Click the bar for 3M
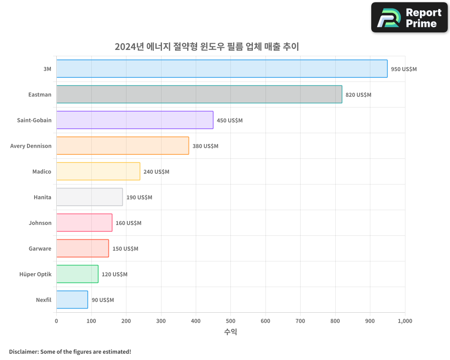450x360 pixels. tap(222, 69)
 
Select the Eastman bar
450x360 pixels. tap(199, 94)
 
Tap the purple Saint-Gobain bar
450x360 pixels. tap(135, 120)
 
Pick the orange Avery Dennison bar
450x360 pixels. tap(122, 146)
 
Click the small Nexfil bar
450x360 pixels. tap(72, 300)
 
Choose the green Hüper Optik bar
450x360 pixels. tap(77, 274)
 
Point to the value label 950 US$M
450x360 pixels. tap(404, 69)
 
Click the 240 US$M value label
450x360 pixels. tap(156, 172)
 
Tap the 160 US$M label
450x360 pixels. tap(128, 223)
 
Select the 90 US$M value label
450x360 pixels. tap(103, 300)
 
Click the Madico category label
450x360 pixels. tap(42, 172)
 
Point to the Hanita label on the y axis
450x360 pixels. tap(42, 198)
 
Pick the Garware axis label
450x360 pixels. tap(40, 249)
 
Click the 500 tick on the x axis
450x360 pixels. tap(230, 321)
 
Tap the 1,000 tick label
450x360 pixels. tap(405, 321)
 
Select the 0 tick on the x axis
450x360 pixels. tap(56, 321)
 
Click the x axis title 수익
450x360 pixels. tap(230, 332)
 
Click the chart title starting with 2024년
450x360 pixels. tap(207, 47)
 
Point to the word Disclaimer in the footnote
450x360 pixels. tap(23, 352)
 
